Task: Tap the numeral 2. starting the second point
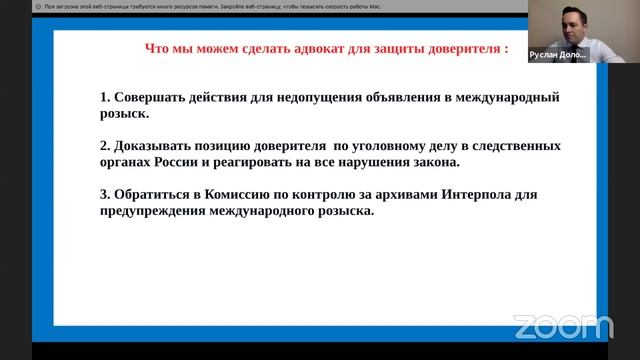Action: (105, 145)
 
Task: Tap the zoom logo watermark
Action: (563, 325)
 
